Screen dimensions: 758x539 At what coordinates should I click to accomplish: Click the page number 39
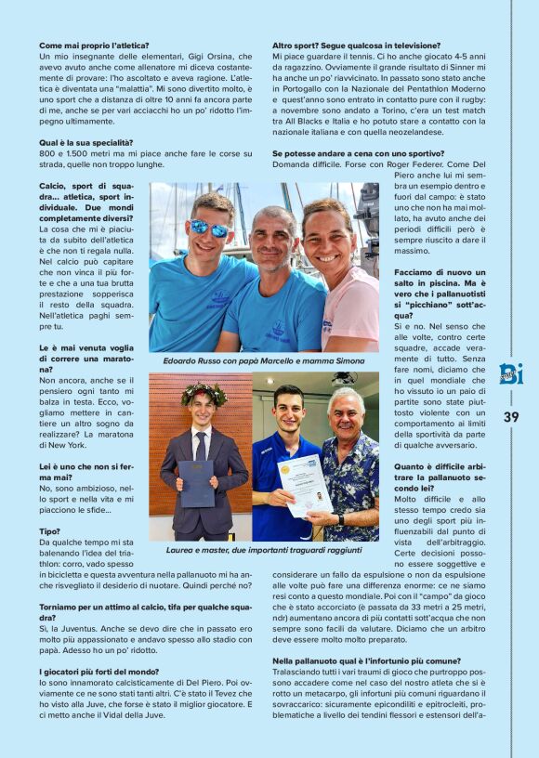(511, 417)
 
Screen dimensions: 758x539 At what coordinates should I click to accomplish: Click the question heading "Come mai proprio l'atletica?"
(94, 46)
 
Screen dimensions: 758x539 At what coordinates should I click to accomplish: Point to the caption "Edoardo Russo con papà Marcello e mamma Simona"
(263, 360)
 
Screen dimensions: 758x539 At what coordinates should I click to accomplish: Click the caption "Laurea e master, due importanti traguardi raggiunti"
(263, 550)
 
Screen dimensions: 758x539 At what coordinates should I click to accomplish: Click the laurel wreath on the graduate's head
(204, 394)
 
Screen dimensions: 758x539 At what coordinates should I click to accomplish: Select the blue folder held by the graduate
(196, 483)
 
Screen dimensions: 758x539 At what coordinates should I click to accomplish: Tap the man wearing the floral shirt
(349, 464)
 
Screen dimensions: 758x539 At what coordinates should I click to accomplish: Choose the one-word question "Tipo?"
(49, 531)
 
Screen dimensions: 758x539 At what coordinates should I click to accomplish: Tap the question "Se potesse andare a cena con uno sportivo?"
(358, 153)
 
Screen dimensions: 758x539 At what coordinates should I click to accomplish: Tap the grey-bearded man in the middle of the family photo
(274, 279)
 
